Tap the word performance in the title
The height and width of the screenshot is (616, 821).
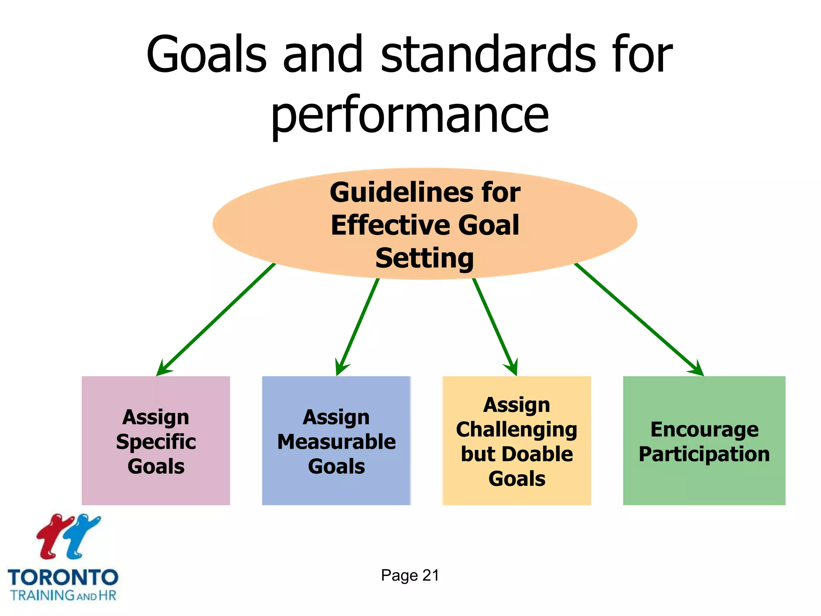pyautogui.click(x=410, y=115)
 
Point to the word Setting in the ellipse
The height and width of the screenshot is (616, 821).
pyautogui.click(x=425, y=258)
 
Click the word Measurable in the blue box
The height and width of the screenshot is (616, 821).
pyautogui.click(x=336, y=442)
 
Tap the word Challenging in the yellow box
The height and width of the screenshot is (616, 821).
pyautogui.click(x=516, y=430)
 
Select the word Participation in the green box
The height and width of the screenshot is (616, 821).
pyautogui.click(x=704, y=454)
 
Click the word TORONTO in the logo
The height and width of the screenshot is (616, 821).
pyautogui.click(x=63, y=578)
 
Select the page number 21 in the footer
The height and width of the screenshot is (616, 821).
pyautogui.click(x=431, y=575)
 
